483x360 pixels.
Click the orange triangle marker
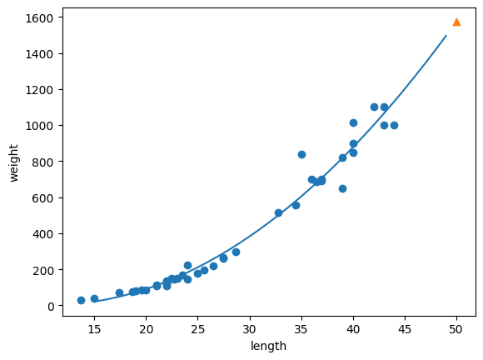tap(456, 22)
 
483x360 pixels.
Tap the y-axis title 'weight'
tap(14, 163)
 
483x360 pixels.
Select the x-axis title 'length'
tap(269, 346)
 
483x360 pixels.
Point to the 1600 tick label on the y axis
tap(39, 17)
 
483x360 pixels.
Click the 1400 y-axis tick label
tap(39, 54)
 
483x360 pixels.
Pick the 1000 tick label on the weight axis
tap(39, 126)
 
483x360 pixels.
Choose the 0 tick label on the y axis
tap(51, 307)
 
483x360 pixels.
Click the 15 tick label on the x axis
tap(94, 329)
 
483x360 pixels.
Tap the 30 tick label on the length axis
tap(250, 329)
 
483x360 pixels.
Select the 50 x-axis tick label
tap(456, 329)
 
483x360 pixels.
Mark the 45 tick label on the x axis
tap(405, 329)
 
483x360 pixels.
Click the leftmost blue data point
tap(81, 300)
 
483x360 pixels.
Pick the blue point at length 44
tap(394, 125)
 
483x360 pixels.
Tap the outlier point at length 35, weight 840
tap(301, 154)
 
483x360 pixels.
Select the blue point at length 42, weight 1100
tap(374, 107)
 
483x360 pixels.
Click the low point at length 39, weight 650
tap(342, 188)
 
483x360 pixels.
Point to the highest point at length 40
tap(353, 122)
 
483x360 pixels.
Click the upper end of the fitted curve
tap(446, 36)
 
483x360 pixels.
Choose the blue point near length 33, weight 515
tap(278, 212)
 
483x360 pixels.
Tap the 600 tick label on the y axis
tap(42, 197)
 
